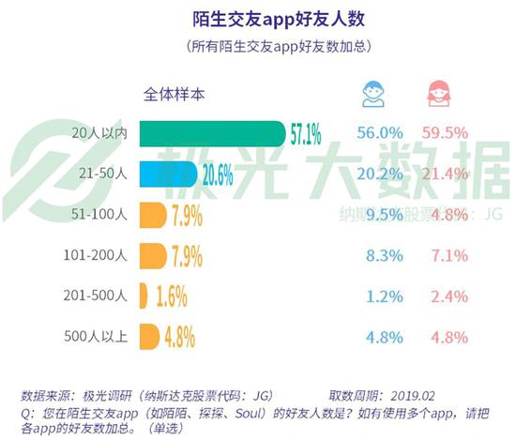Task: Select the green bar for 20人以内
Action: tap(211, 133)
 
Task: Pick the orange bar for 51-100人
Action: tap(153, 215)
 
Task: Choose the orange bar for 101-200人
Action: tap(153, 255)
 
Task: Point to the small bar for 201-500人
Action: tap(143, 296)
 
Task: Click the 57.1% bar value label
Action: tap(306, 133)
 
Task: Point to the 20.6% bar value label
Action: tap(218, 174)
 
